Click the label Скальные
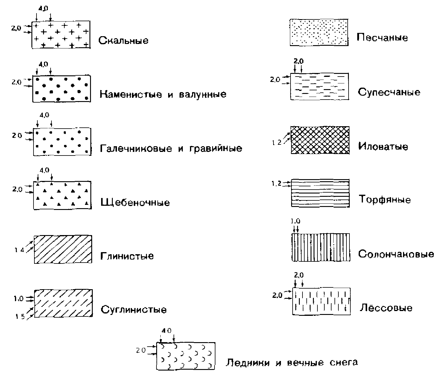(123, 40)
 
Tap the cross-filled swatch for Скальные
(61, 34)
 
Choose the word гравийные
(216, 148)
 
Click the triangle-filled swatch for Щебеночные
(62, 195)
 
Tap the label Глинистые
(127, 256)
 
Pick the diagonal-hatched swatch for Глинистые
(63, 249)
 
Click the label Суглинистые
(133, 309)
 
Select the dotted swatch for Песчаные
(319, 32)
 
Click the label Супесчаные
(389, 92)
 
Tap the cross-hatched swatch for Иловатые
(320, 140)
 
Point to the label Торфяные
(384, 199)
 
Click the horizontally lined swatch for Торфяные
(320, 193)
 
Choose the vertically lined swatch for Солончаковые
(320, 247)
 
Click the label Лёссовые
(386, 308)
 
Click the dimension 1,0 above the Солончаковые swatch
(295, 221)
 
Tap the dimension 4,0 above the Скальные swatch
(43, 9)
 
